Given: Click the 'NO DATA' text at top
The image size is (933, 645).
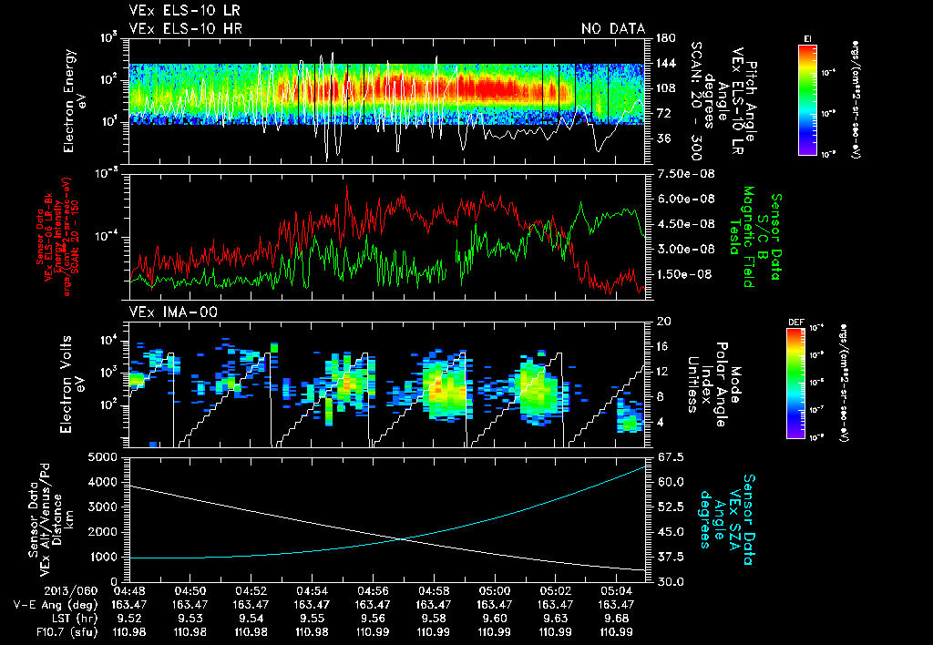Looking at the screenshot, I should [x=612, y=28].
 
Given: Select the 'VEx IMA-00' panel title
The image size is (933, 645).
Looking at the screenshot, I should [x=166, y=312].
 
